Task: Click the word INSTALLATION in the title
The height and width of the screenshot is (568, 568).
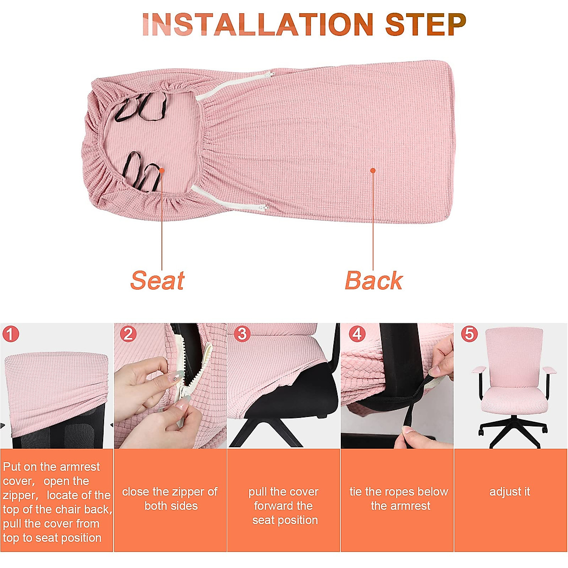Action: [x=258, y=25]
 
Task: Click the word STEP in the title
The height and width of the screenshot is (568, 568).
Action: [x=426, y=25]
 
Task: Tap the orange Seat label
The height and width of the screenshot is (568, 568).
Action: [x=157, y=280]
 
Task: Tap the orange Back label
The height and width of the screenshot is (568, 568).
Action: [x=373, y=280]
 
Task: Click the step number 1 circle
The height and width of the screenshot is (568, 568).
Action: [x=10, y=334]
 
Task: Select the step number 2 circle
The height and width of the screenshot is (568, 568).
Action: [x=128, y=334]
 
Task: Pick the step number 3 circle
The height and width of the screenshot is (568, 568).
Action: [x=242, y=334]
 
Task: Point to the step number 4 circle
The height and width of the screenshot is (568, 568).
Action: [x=357, y=334]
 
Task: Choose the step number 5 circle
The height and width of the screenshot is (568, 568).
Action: [x=469, y=334]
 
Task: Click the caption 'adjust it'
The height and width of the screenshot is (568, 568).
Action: [x=510, y=492]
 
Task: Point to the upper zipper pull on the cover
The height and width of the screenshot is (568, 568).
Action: [x=269, y=74]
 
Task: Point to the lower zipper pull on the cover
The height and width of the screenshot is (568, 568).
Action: [x=263, y=207]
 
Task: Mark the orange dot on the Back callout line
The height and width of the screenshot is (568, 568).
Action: [x=373, y=170]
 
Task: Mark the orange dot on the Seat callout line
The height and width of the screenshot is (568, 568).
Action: [x=162, y=170]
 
